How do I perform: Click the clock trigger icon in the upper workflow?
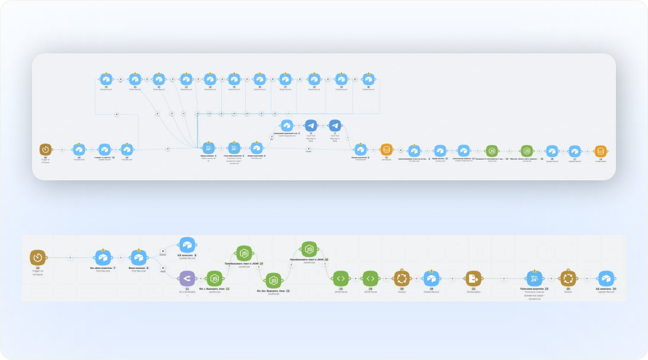45,150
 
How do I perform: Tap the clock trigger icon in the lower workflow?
38,257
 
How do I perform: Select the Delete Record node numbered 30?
106,79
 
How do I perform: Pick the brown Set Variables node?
473,278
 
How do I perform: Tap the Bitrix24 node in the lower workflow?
534,278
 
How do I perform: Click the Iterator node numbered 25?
568,278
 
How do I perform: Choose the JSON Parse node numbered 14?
340,278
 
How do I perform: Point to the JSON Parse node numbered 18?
371,278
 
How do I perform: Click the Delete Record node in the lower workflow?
431,278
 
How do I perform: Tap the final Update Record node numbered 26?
605,278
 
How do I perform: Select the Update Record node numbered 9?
187,244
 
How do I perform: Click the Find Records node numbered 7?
104,257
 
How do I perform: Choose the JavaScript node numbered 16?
309,248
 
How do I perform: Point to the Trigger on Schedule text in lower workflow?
38,273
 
